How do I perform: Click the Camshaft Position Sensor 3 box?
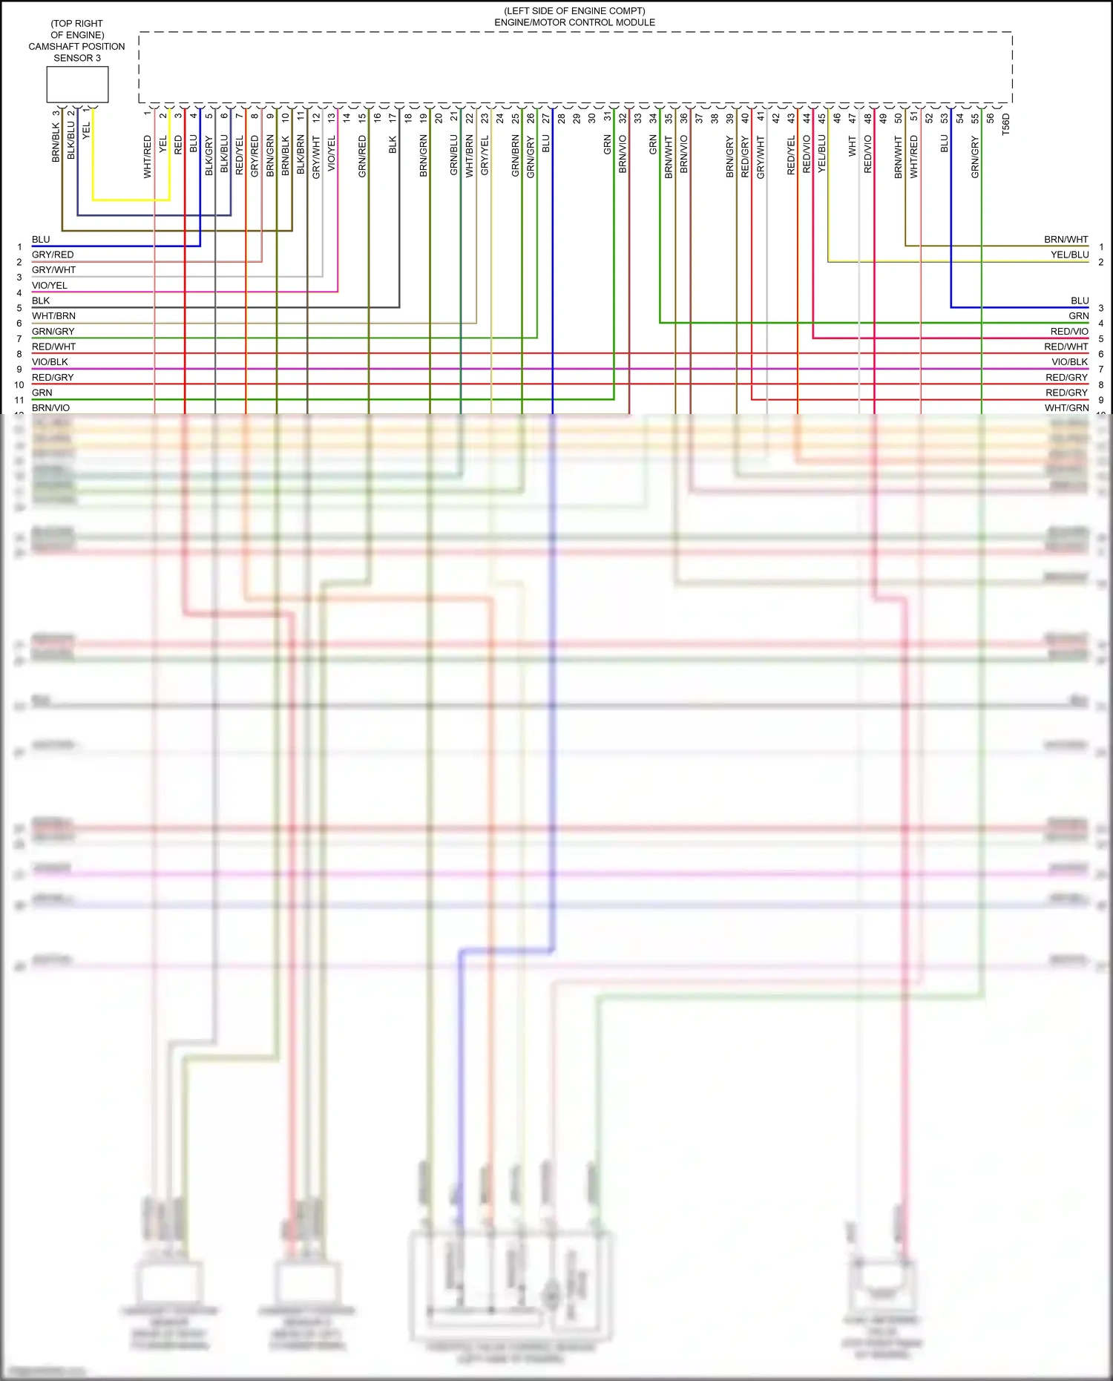click(x=77, y=85)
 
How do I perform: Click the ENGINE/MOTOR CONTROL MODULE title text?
click(x=574, y=22)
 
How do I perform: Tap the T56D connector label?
click(x=1006, y=124)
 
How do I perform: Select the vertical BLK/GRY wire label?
click(x=209, y=156)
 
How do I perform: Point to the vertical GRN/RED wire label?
click(x=362, y=156)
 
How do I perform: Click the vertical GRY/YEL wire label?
click(x=485, y=156)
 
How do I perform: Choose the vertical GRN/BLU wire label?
click(x=454, y=156)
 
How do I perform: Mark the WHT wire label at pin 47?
click(x=853, y=146)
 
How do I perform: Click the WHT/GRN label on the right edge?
click(x=1066, y=407)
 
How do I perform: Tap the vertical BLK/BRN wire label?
click(x=301, y=154)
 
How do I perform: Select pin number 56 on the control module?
click(x=991, y=118)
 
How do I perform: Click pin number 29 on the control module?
click(x=577, y=118)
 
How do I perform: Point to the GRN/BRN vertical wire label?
click(x=515, y=156)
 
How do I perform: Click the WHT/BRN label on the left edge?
click(x=53, y=316)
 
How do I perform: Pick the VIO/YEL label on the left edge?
click(x=50, y=285)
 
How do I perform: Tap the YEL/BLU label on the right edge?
click(x=1069, y=255)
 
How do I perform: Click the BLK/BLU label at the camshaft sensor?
click(x=71, y=140)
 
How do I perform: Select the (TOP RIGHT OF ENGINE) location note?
click(x=77, y=29)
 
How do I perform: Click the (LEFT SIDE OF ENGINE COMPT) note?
click(x=574, y=11)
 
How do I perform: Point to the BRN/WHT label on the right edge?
click(x=1066, y=239)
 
